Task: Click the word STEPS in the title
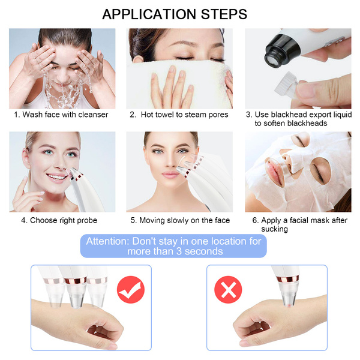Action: pos(224,14)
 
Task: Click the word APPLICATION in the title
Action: pos(149,14)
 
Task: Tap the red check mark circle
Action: pos(131,290)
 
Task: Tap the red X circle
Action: pos(228,290)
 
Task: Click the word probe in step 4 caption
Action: pos(87,221)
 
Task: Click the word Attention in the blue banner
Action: pos(107,241)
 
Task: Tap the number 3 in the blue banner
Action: pos(179,251)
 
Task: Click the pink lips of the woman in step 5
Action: pos(170,175)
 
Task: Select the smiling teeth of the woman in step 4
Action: pos(56,177)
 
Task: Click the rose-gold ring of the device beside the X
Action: pos(287,279)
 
